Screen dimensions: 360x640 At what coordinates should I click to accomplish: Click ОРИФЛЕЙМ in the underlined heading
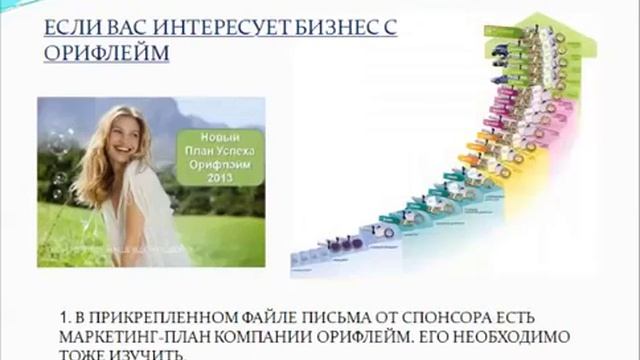(x=106, y=52)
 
